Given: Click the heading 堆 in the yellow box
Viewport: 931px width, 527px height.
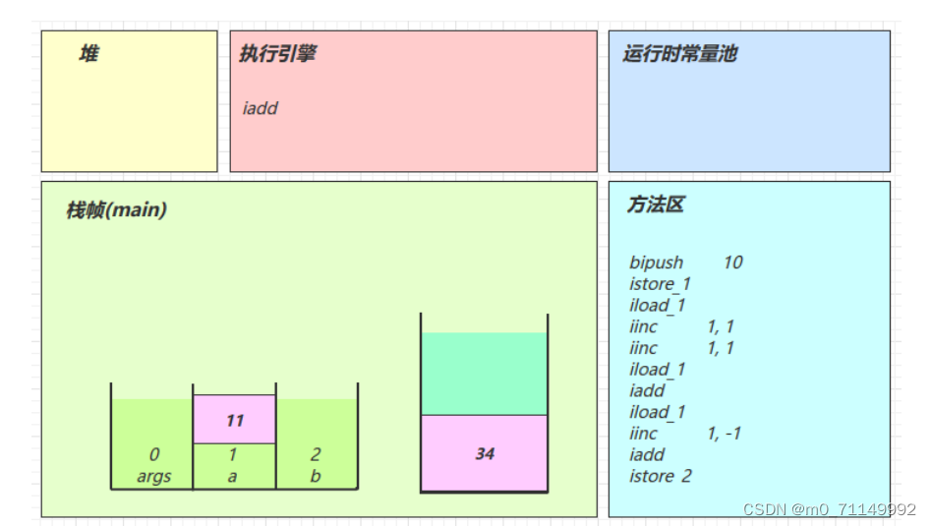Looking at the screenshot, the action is pos(88,55).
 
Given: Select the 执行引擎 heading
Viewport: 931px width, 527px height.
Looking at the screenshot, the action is pos(277,54).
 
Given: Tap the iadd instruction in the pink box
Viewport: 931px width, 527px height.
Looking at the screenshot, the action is pos(261,108).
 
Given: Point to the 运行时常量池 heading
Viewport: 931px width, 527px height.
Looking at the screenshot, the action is pos(679,54).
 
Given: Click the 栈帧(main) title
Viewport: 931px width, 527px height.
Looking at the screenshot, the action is pos(116,210).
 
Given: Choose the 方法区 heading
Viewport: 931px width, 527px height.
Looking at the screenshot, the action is pos(655,205).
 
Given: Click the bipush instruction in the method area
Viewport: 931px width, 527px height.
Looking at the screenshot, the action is pos(656,263).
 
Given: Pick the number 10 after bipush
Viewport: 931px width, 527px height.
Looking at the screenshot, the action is pos(732,263).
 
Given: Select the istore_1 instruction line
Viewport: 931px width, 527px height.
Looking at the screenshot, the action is pos(660,284).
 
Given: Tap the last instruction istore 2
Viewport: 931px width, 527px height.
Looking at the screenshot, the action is pos(660,477).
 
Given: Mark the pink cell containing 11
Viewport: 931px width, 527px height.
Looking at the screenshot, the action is pos(234,420).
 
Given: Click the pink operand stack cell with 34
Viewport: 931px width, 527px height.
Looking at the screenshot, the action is pos(484,453).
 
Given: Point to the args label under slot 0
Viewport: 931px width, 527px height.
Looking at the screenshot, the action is pos(154,477).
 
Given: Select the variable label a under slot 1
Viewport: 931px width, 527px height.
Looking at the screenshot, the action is pos(233,477).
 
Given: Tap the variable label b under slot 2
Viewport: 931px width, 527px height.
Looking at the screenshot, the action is pos(316,477).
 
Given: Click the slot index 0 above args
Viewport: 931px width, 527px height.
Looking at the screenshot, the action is pos(154,455).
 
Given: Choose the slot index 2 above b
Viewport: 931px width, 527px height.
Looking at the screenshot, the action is pos(316,455).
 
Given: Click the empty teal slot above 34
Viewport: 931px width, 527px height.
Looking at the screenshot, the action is pos(484,374).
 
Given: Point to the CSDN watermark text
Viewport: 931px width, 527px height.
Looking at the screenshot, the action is pos(829,509).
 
